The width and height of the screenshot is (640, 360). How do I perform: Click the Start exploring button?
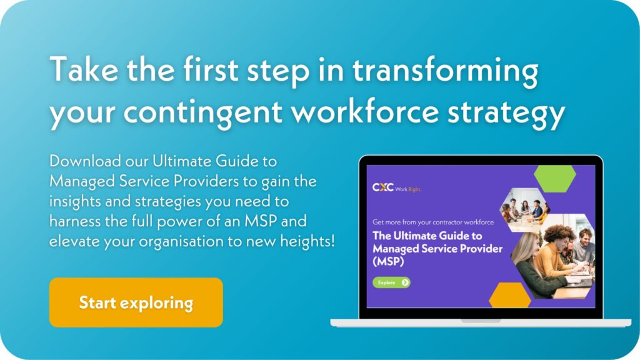[x=136, y=303]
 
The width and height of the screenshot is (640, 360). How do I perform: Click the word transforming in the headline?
[x=444, y=71]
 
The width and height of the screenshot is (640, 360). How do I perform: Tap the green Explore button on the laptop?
[x=391, y=282]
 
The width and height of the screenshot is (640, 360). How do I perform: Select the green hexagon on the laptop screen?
[x=555, y=179]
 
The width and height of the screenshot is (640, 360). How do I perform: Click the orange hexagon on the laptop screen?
[x=510, y=296]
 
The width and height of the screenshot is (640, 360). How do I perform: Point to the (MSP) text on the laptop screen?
[x=389, y=262]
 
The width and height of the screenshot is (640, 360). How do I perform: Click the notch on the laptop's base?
[x=481, y=321]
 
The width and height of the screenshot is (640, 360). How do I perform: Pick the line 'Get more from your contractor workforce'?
[x=432, y=222]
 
